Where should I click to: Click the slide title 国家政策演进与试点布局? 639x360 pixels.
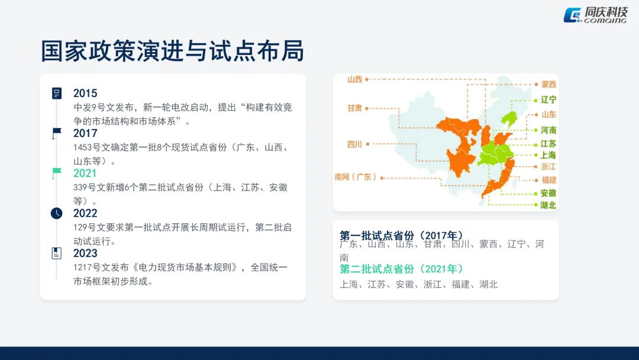point(172,52)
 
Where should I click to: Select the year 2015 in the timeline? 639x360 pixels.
point(85,93)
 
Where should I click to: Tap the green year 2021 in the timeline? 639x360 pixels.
point(85,173)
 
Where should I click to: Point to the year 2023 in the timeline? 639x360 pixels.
point(85,253)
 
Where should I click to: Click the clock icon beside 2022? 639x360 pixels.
point(56,213)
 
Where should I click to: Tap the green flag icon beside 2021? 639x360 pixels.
point(56,173)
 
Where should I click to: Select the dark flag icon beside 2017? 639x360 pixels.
point(56,133)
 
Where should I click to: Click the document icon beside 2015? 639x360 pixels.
point(56,93)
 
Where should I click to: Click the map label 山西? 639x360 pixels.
point(354,79)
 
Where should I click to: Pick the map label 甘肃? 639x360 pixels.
point(354,108)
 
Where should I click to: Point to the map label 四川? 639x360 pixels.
point(354,144)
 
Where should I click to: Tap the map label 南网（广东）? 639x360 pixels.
point(356,176)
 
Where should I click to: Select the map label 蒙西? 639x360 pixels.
point(548,85)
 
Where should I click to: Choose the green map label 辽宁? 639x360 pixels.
point(548,100)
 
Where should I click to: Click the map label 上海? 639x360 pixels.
point(548,155)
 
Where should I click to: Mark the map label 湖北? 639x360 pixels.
point(548,205)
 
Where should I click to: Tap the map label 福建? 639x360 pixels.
point(548,180)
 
